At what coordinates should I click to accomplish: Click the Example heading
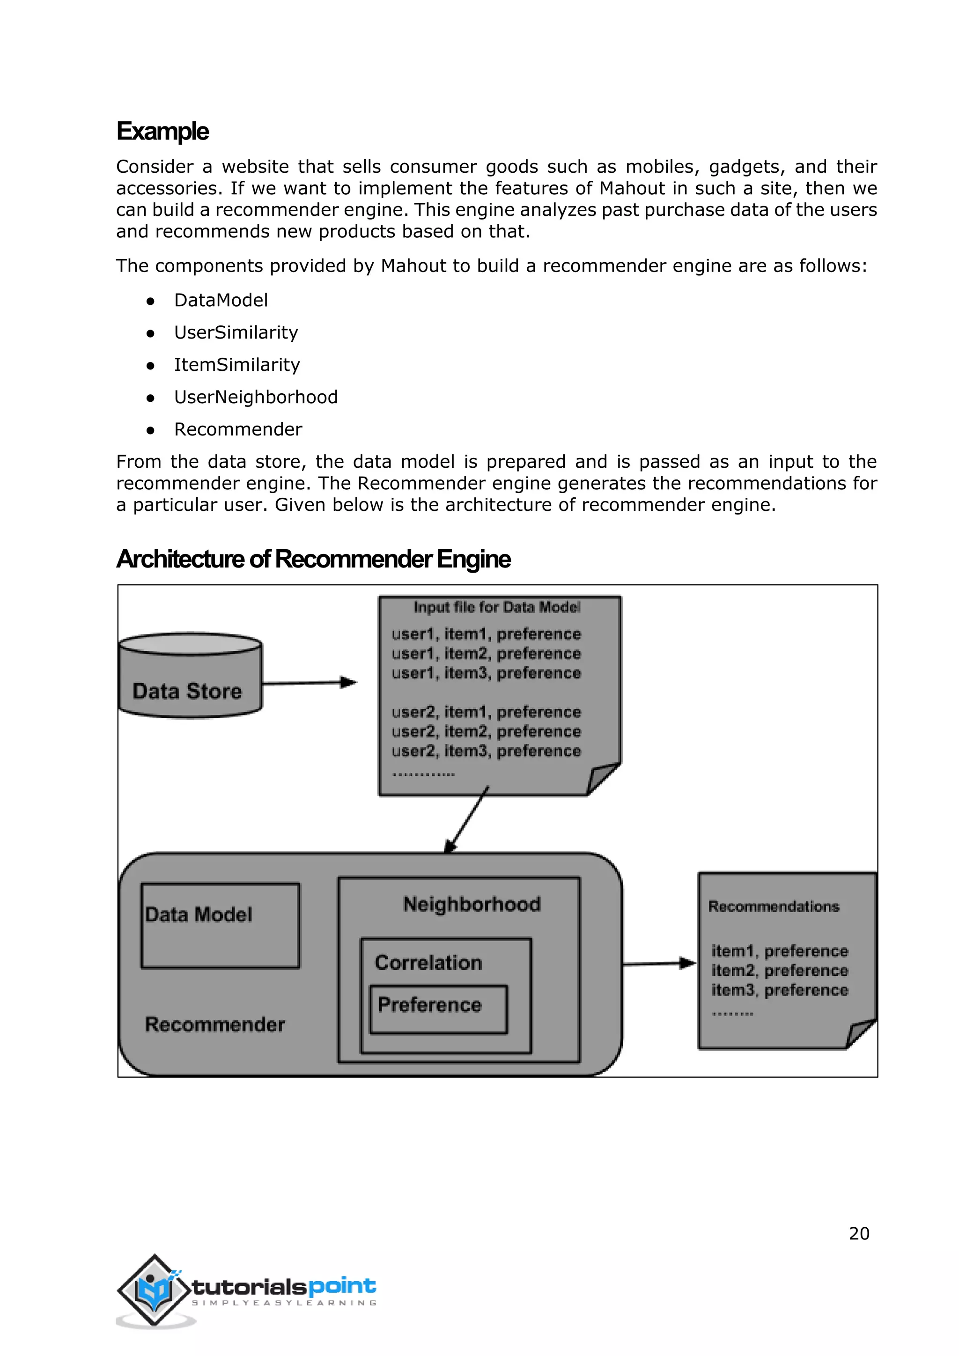(162, 131)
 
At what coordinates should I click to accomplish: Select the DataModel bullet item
(221, 300)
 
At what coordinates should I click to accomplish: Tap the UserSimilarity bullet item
(236, 332)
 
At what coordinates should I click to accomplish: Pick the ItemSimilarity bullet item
(237, 365)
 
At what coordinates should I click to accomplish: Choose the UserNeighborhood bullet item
(256, 397)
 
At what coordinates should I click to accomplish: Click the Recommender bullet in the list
(238, 429)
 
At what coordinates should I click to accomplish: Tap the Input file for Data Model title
(497, 607)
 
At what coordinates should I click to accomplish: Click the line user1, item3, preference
(486, 673)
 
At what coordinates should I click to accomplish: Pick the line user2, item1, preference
(486, 712)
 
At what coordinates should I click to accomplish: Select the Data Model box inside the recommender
(220, 925)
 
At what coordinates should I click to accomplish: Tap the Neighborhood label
(472, 904)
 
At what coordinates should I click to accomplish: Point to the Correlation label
(428, 963)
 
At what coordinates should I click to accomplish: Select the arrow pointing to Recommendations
(659, 964)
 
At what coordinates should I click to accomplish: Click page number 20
(859, 1234)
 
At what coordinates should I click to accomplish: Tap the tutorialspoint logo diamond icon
(155, 1291)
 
